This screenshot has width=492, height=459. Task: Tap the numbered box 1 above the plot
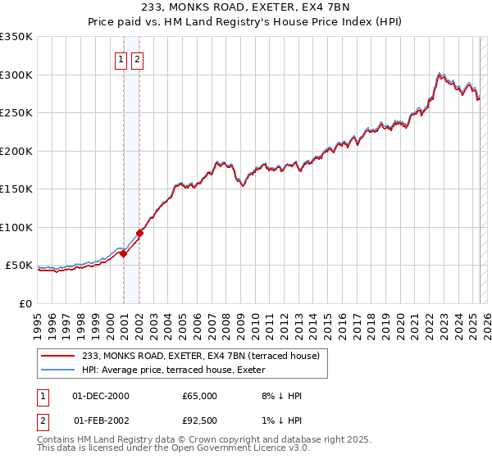(x=121, y=59)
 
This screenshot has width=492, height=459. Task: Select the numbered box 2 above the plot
(x=137, y=59)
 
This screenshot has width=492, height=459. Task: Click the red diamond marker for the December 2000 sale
(x=124, y=254)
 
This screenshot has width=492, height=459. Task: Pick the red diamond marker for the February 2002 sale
(x=140, y=233)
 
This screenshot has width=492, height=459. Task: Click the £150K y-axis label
(x=16, y=189)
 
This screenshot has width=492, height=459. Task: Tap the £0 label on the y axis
(x=25, y=304)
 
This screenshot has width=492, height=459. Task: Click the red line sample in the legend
(x=58, y=356)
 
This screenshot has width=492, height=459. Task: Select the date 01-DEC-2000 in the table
(x=101, y=396)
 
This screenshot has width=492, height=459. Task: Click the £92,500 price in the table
(x=200, y=420)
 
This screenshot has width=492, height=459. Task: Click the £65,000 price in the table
(x=200, y=396)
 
